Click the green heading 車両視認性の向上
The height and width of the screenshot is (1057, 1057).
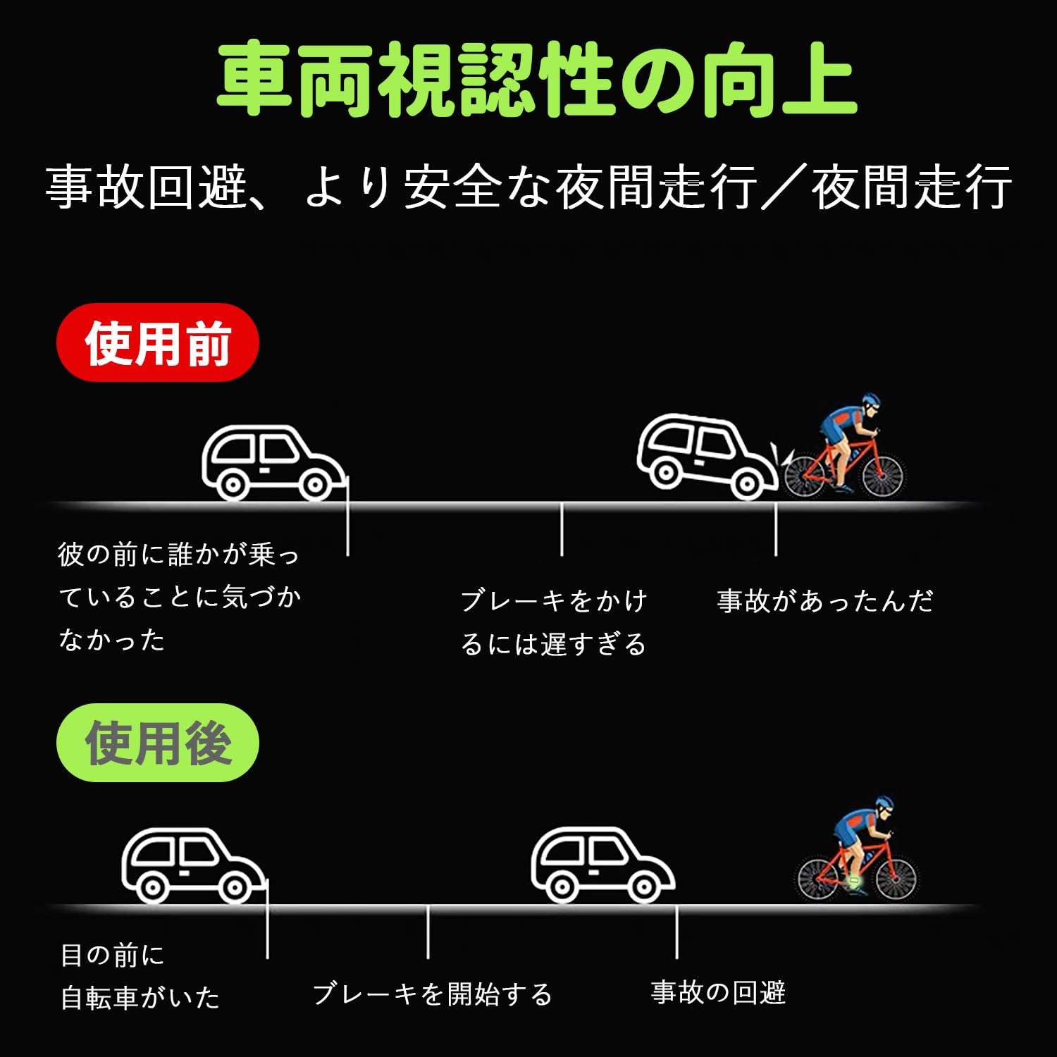(536, 79)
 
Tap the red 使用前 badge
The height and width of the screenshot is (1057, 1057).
(158, 343)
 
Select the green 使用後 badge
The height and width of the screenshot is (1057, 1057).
(158, 743)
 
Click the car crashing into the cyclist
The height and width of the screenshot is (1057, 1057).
(705, 455)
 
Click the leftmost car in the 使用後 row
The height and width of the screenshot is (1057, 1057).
(192, 865)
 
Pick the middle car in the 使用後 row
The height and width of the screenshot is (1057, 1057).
(601, 865)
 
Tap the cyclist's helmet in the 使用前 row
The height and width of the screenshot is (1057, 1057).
(871, 401)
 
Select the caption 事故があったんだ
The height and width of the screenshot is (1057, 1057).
(824, 601)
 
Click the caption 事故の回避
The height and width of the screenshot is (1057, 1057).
(718, 992)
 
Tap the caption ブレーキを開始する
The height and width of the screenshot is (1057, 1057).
(432, 994)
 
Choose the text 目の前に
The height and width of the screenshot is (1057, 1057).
(113, 956)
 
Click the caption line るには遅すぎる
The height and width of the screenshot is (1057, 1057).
(553, 644)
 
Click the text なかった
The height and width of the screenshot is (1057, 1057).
(112, 640)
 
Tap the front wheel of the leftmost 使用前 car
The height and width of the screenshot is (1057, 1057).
(315, 484)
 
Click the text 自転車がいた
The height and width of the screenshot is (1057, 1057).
(140, 998)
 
